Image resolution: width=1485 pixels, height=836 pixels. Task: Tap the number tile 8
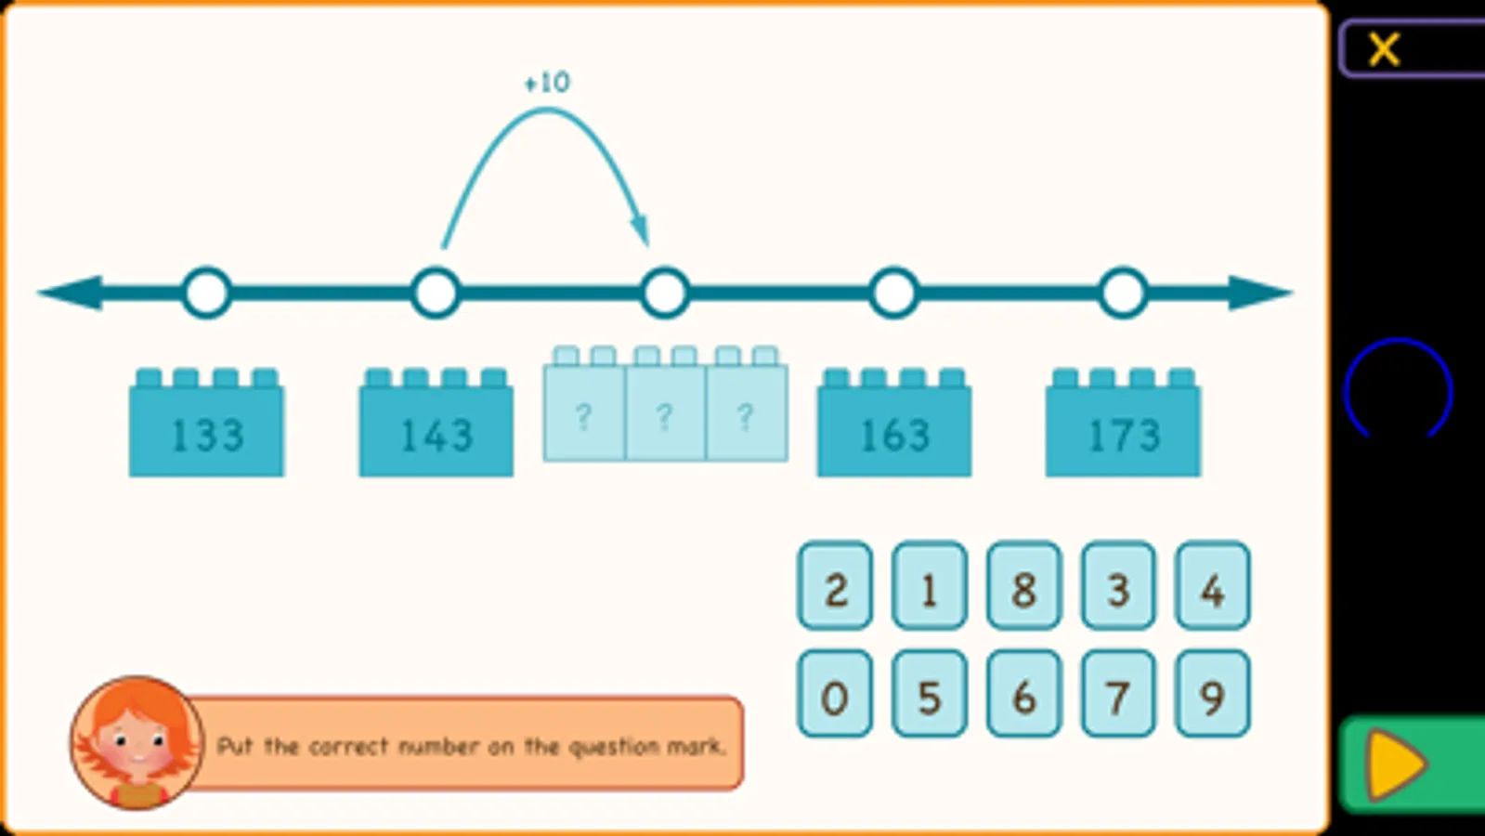[x=1023, y=587]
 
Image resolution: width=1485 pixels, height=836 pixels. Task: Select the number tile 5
[x=929, y=695]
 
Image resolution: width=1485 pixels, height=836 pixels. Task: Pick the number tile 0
[x=835, y=695]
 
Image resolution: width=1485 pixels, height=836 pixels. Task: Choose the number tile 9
[x=1212, y=695]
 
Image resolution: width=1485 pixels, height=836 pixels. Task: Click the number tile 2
[x=835, y=587]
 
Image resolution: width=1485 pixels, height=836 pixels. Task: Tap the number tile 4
[x=1212, y=587]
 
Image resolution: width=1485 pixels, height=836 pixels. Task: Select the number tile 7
[x=1118, y=695]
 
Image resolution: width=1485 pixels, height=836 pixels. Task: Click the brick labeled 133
[x=207, y=430]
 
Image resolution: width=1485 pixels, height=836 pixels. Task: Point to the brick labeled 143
[x=436, y=430]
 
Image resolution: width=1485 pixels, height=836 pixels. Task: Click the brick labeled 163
[x=894, y=430]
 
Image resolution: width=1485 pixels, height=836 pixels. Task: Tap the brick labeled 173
[x=1123, y=430]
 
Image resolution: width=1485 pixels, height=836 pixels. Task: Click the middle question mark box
[x=665, y=415]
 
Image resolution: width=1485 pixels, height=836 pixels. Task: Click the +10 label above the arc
[x=547, y=83]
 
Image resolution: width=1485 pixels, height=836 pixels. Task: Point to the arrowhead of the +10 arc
[x=641, y=229]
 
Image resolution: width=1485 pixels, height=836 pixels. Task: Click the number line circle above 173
[x=1123, y=294]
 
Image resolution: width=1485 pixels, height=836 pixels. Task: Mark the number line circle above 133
[x=207, y=294]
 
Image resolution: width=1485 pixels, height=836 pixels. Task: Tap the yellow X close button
[x=1384, y=49]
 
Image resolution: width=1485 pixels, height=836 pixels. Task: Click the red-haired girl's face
[x=137, y=741]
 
